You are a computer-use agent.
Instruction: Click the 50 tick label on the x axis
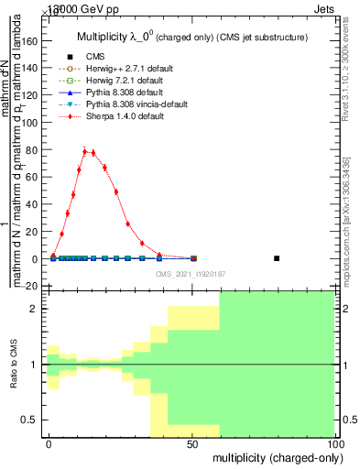coord(193,443)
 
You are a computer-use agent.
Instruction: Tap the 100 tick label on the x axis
coord(335,443)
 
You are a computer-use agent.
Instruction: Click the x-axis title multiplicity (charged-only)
coord(276,457)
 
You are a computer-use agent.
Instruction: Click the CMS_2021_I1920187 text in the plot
coord(191,274)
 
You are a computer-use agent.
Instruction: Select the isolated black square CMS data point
coord(277,258)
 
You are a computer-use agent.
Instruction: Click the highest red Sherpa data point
coord(84,151)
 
